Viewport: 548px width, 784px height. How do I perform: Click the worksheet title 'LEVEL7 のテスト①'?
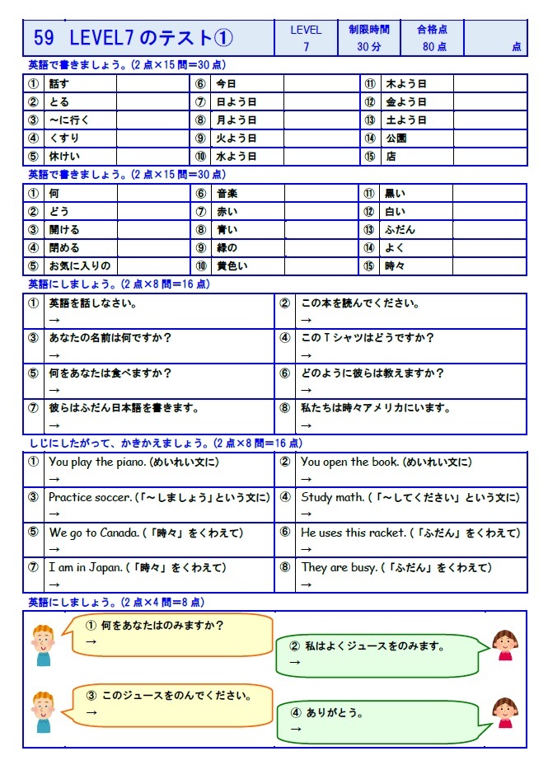coord(152,38)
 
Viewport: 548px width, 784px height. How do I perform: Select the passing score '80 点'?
coord(434,47)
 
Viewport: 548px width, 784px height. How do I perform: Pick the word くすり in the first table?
coord(64,138)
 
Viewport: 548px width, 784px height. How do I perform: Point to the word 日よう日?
coord(237,102)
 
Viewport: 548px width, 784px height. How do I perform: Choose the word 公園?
coord(396,138)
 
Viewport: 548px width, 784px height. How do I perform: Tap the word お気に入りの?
coord(79,266)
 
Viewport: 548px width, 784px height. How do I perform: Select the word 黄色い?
coord(232,266)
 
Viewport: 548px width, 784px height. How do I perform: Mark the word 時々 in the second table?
coord(396,266)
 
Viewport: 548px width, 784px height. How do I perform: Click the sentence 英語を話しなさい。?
coord(92,303)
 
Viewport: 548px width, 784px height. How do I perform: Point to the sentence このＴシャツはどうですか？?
coord(368,338)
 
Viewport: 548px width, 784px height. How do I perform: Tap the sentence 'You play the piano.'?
coord(98,462)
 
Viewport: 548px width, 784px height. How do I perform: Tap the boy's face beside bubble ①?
coord(43,636)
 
